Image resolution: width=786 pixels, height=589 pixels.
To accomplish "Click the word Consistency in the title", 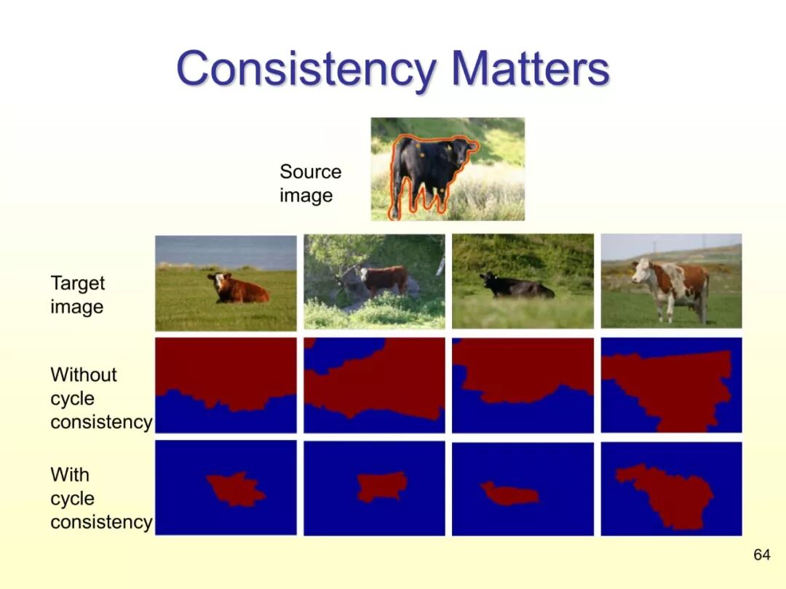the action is [306, 68].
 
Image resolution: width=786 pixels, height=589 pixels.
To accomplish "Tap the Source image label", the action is [310, 183].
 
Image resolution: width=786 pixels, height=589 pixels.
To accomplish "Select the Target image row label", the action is [78, 294].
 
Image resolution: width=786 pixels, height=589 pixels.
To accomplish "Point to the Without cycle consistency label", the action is [101, 398].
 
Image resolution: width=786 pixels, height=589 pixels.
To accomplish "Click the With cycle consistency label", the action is [101, 498].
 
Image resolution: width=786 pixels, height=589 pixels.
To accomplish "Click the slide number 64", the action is [761, 555].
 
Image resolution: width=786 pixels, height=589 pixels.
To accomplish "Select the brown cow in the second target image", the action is [384, 281].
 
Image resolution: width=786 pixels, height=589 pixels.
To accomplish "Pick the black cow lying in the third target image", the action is [516, 286].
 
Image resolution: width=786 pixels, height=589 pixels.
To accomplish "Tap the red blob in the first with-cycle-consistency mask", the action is [234, 489].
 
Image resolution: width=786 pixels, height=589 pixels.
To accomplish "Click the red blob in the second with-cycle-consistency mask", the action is [381, 486].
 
